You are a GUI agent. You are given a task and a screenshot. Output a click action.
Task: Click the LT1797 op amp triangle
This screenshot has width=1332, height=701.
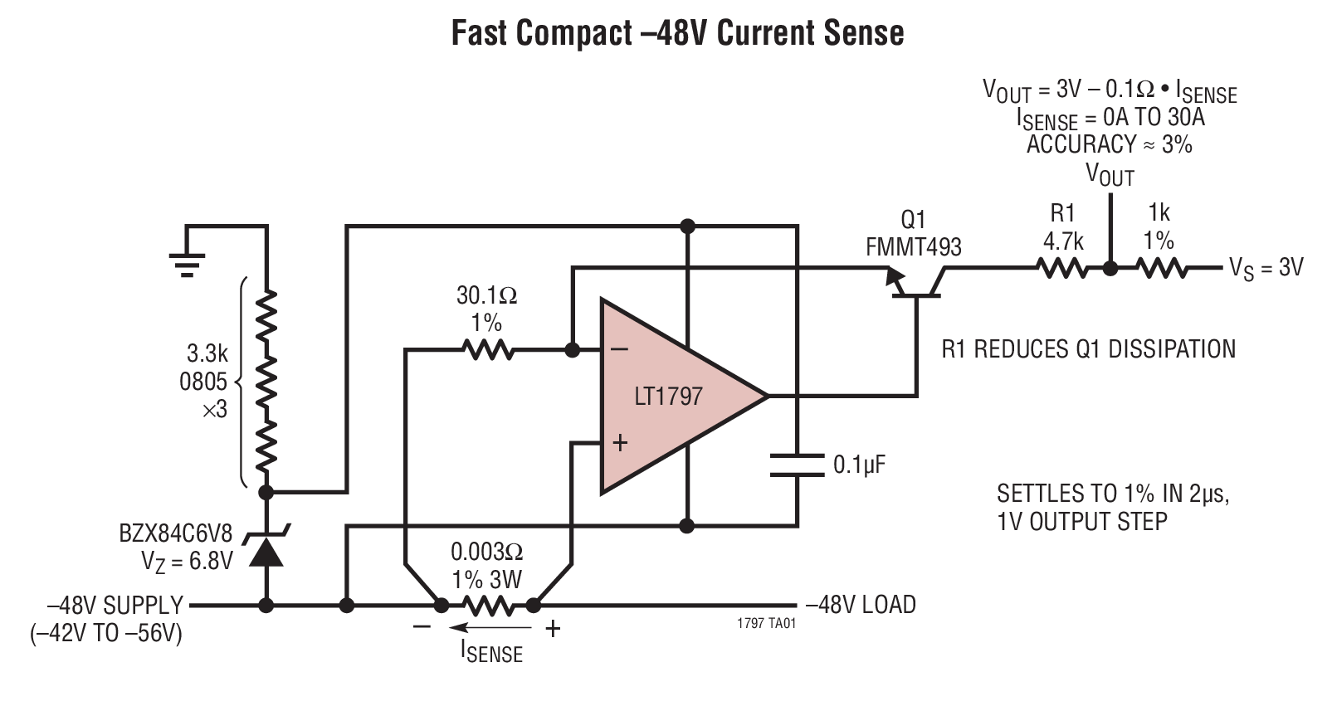tap(672, 397)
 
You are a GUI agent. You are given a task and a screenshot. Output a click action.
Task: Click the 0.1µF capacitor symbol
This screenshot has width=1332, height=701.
tap(797, 465)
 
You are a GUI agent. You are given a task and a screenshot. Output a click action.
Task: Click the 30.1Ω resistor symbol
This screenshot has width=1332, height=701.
tap(489, 350)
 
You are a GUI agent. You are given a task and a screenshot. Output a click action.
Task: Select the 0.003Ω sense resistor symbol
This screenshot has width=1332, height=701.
tap(488, 606)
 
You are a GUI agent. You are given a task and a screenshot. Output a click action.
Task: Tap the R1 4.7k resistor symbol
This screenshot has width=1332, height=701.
tap(1062, 268)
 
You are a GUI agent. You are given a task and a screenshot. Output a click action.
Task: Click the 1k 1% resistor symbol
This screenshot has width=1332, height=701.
tap(1161, 268)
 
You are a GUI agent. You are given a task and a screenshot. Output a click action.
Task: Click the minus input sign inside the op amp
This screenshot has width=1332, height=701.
tap(619, 349)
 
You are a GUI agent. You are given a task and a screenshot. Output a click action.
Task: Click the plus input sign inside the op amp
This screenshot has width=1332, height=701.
tap(619, 443)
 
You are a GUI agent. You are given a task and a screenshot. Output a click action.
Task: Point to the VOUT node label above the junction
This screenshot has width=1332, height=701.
tap(1110, 175)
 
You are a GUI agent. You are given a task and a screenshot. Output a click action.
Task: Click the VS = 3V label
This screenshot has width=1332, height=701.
tap(1266, 267)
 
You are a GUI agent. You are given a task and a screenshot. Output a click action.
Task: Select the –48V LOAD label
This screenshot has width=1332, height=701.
tap(861, 604)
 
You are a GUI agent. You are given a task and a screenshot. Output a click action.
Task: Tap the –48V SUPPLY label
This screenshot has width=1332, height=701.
tap(115, 605)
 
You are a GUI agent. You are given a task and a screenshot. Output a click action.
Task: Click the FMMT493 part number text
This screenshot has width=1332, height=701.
tap(913, 246)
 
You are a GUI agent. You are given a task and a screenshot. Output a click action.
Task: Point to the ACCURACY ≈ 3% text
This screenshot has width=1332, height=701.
tap(1109, 144)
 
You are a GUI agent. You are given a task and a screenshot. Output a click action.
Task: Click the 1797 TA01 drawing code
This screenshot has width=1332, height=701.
tap(765, 624)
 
